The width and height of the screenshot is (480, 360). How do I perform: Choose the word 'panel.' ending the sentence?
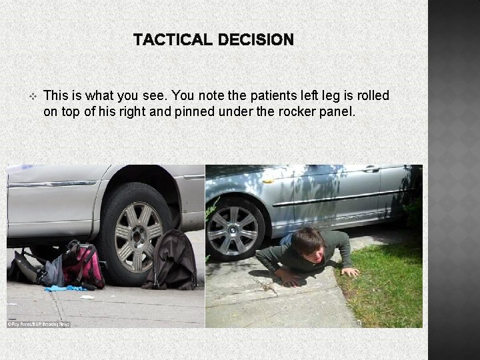click(337, 111)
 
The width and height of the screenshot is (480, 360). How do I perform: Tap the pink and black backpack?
click(83, 265)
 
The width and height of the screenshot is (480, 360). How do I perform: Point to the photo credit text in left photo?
click(39, 324)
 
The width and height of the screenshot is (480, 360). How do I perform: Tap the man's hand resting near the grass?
click(349, 271)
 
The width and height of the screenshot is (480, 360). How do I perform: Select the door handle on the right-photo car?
click(371, 169)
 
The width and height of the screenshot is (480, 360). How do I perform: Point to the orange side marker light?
click(267, 180)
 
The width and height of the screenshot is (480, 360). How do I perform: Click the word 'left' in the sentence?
click(290, 96)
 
